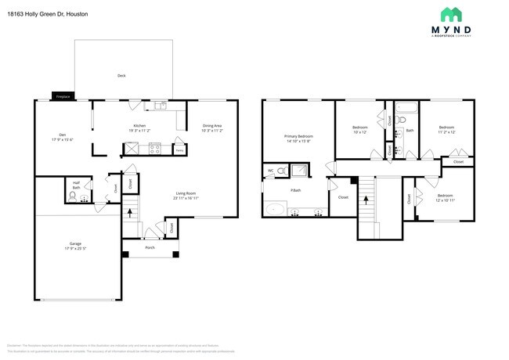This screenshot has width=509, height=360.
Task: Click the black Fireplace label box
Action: click(63, 97)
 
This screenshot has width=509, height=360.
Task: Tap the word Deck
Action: click(121, 76)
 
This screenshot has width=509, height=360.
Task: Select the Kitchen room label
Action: click(139, 125)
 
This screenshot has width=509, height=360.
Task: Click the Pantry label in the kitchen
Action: click(179, 149)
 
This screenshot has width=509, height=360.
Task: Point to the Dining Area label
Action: click(213, 125)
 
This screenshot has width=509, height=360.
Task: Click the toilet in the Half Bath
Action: click(73, 197)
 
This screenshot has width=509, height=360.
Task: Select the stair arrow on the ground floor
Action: click(128, 211)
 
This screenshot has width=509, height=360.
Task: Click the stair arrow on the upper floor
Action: click(366, 199)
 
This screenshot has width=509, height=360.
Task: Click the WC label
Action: click(271, 170)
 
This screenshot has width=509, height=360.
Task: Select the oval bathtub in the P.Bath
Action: click(275, 209)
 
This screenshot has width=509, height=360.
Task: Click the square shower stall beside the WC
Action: click(298, 170)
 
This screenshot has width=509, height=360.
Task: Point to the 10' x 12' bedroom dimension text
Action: click(359, 131)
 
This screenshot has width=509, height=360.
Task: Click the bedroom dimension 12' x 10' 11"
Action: click(445, 200)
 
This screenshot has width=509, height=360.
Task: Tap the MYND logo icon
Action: click(450, 15)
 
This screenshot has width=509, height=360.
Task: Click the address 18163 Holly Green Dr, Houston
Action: click(48, 14)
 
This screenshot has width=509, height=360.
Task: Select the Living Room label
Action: click(185, 195)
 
